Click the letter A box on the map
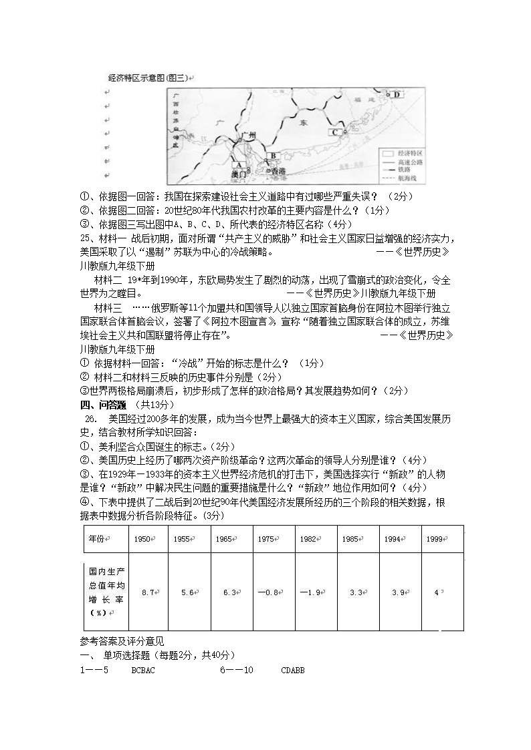[237, 164]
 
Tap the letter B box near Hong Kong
[272, 157]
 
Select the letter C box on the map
[335, 132]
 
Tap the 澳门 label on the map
[238, 174]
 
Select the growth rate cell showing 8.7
[148, 592]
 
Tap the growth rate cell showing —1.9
[314, 592]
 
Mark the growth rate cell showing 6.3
[231, 592]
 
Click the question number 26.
[91, 419]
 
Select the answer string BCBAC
[143, 670]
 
